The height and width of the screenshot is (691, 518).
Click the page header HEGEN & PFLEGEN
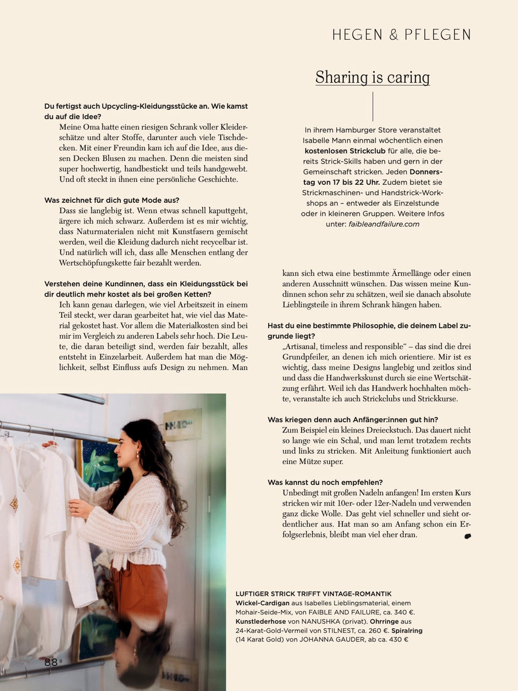point(401,35)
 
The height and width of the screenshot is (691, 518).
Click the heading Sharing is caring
point(372,77)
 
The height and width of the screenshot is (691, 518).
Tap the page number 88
point(51,662)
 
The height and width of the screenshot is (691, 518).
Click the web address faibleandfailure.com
point(384,224)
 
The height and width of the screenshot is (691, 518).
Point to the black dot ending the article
point(467,536)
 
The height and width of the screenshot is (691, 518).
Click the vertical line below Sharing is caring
point(373,106)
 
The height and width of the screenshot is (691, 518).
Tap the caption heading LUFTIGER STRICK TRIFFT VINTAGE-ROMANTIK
point(314,594)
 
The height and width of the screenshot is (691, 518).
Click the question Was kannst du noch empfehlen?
point(325,482)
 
